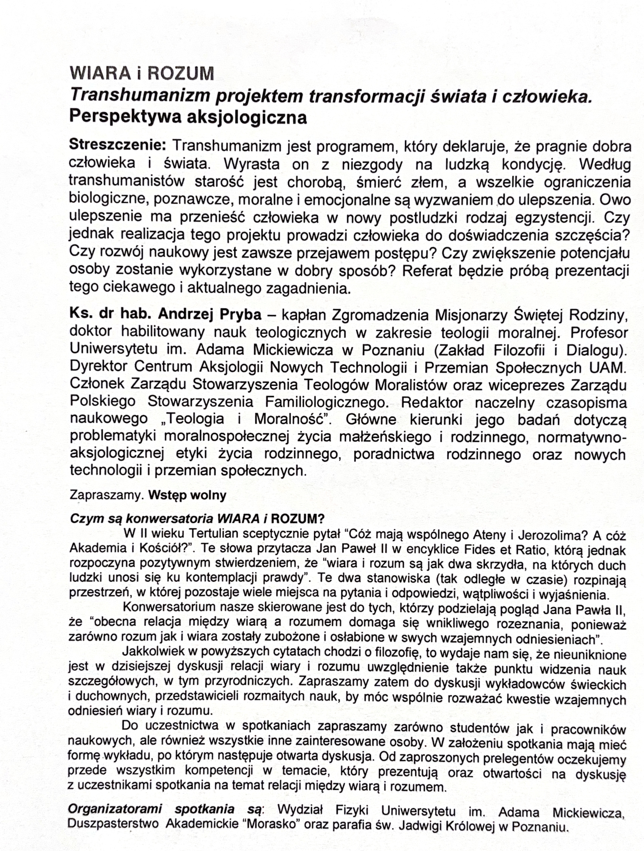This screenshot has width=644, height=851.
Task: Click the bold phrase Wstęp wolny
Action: (x=187, y=495)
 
